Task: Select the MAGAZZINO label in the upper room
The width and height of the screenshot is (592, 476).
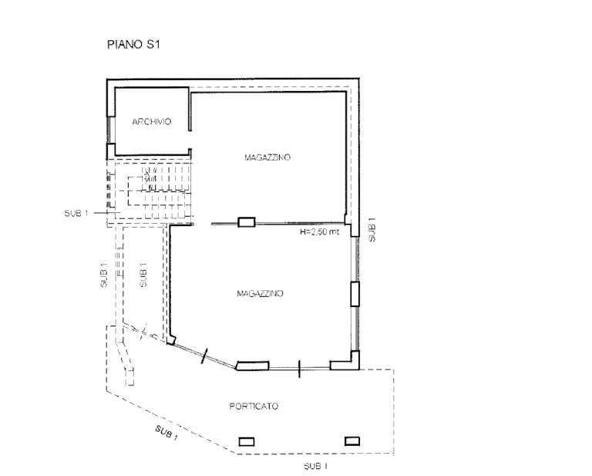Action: click(267, 157)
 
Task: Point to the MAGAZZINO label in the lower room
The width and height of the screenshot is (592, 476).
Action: click(261, 294)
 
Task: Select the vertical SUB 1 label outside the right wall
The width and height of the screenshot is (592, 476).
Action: click(372, 230)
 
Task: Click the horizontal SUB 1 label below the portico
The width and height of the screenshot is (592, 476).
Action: click(316, 467)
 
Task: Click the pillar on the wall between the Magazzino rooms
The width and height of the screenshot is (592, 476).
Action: click(247, 223)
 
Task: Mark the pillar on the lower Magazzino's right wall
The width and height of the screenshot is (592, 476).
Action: click(355, 294)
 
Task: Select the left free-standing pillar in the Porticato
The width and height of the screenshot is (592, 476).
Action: click(247, 441)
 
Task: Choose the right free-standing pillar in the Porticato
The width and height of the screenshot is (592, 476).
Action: click(351, 441)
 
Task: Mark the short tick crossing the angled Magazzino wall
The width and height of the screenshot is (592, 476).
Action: click(204, 356)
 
